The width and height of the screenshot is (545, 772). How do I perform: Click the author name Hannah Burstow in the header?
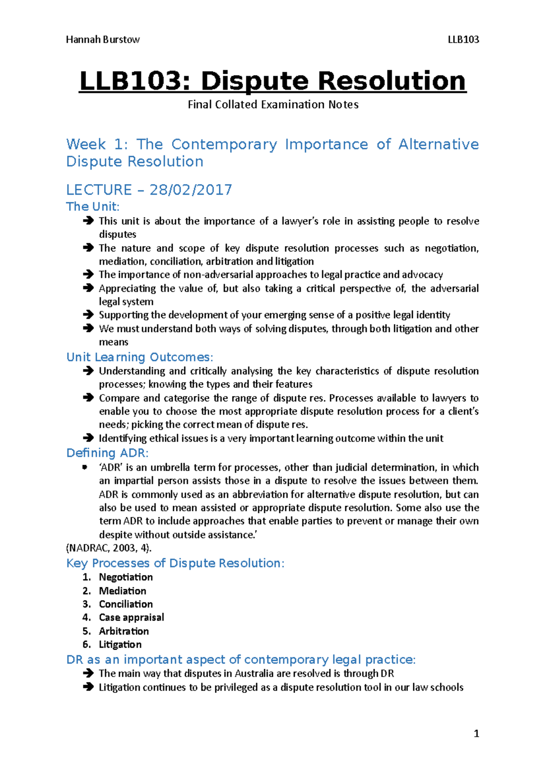(x=103, y=40)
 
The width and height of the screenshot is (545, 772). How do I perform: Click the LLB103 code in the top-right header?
(x=463, y=40)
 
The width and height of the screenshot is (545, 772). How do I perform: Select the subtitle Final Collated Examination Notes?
(x=273, y=105)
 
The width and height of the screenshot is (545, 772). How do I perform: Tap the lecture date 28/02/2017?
(x=191, y=190)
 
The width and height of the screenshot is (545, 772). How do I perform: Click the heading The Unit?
(x=93, y=206)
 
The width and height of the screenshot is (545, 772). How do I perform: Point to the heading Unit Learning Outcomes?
(x=139, y=357)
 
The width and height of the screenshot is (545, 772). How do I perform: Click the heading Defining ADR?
(x=107, y=453)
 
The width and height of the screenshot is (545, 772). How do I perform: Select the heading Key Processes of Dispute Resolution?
(x=175, y=563)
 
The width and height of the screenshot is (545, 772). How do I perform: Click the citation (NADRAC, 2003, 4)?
(x=109, y=548)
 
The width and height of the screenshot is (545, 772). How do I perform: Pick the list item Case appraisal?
(x=131, y=617)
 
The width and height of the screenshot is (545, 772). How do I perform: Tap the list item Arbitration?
(x=124, y=631)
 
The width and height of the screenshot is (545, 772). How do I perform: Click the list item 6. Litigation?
(x=120, y=644)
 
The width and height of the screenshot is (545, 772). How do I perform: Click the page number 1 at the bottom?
(x=476, y=733)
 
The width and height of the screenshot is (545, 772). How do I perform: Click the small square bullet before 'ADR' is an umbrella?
(x=84, y=467)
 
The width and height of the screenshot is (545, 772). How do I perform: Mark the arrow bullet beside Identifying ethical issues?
(x=88, y=438)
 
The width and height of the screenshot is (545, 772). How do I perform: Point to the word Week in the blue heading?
(x=86, y=144)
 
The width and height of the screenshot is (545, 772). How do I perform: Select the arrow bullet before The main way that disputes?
(x=88, y=673)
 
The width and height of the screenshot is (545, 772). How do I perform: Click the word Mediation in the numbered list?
(x=123, y=591)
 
